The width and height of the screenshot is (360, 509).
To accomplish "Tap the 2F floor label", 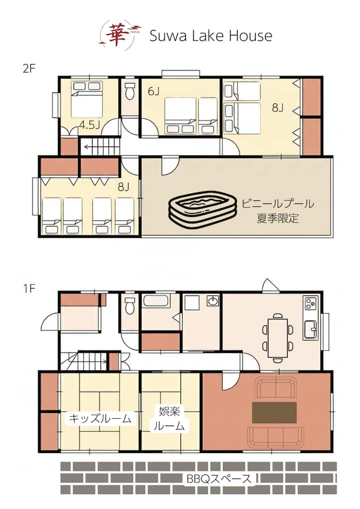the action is pyautogui.click(x=28, y=68).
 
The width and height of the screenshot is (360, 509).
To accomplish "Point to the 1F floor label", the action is pyautogui.click(x=29, y=288).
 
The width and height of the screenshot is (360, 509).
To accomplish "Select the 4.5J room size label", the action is pyautogui.click(x=89, y=124).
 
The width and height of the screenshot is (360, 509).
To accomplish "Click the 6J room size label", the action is pyautogui.click(x=153, y=91).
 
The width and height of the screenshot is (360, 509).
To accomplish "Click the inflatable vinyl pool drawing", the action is pyautogui.click(x=202, y=209).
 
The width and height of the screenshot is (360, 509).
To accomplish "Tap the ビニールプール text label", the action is pyautogui.click(x=277, y=204).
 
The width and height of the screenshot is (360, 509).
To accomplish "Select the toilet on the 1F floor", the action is pyautogui.click(x=130, y=305).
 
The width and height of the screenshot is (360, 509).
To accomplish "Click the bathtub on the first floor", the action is pyautogui.click(x=157, y=300).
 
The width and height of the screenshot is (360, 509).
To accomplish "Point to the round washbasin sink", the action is pyautogui.click(x=213, y=301).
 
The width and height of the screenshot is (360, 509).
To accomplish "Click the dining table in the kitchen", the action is pyautogui.click(x=278, y=337).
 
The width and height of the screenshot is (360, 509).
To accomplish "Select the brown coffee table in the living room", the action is pyautogui.click(x=274, y=412).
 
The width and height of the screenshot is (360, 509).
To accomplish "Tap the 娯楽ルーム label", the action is pyautogui.click(x=169, y=418).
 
